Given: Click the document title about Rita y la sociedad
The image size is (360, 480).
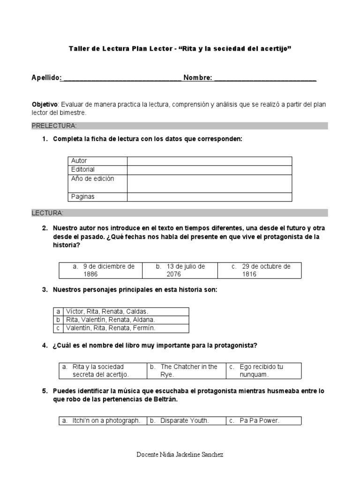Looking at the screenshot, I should (x=180, y=49).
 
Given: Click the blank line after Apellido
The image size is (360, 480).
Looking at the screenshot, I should (x=121, y=78).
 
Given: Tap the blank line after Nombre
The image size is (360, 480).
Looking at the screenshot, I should (x=265, y=78).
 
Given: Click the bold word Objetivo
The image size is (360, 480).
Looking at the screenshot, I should (x=44, y=104).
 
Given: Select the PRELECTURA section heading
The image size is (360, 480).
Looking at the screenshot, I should (x=54, y=126).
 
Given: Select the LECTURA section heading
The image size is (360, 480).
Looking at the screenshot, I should (x=47, y=213).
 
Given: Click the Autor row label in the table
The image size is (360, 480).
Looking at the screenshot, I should (x=79, y=161).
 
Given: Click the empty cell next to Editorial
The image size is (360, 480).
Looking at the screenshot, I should (x=209, y=169).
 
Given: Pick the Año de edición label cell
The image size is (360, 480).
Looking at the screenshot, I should (x=92, y=179).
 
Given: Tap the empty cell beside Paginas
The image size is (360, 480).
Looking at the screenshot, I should (x=209, y=197).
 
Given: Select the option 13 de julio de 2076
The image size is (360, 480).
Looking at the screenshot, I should (x=180, y=270).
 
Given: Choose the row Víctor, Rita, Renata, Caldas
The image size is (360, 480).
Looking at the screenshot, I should (x=107, y=311).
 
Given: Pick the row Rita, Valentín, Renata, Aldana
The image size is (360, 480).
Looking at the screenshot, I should (x=110, y=320).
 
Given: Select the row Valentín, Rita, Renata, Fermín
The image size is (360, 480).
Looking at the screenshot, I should (x=111, y=328).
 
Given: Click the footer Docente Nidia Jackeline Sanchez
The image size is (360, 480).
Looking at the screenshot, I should (x=180, y=455).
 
